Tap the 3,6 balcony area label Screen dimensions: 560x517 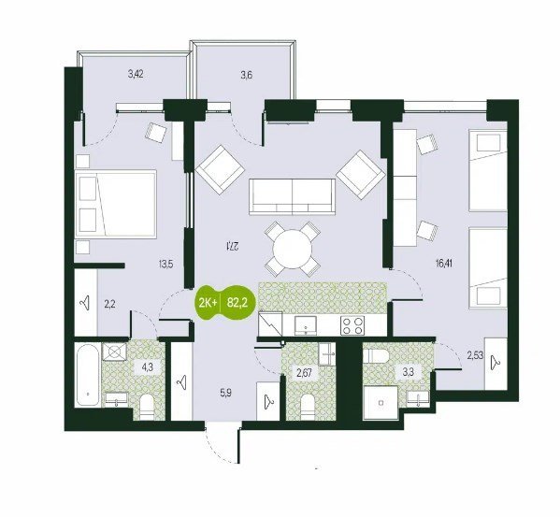(x=247, y=75)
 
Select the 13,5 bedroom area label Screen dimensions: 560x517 (x=166, y=265)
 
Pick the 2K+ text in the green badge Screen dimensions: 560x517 (x=208, y=303)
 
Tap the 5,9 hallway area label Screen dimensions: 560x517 (x=225, y=394)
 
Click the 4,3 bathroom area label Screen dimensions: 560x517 (x=148, y=367)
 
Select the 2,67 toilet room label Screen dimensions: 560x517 (x=305, y=373)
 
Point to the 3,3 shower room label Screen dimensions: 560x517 (x=409, y=373)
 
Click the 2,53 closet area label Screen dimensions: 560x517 (x=475, y=354)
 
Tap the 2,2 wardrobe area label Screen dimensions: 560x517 (x=110, y=305)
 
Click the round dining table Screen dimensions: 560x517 (x=292, y=249)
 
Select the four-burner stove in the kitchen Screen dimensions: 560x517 (x=352, y=325)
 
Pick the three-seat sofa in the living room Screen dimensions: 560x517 (x=292, y=197)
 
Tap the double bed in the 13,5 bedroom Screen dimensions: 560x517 (x=116, y=204)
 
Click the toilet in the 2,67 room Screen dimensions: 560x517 (x=308, y=407)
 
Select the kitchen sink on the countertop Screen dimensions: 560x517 (x=306, y=325)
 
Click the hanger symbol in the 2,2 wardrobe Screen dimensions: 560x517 (x=84, y=305)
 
